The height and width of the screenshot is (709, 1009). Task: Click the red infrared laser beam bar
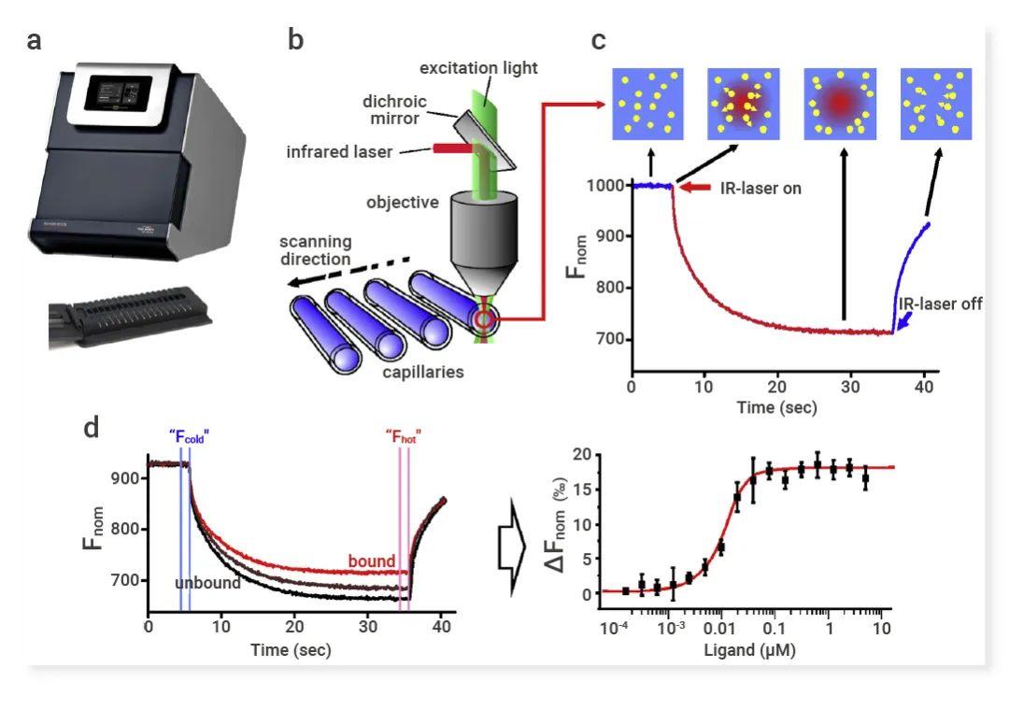tap(451, 148)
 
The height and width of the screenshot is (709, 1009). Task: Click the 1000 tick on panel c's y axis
tap(605, 186)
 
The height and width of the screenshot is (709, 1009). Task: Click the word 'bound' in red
tap(372, 560)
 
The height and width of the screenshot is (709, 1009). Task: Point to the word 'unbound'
tap(207, 583)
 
